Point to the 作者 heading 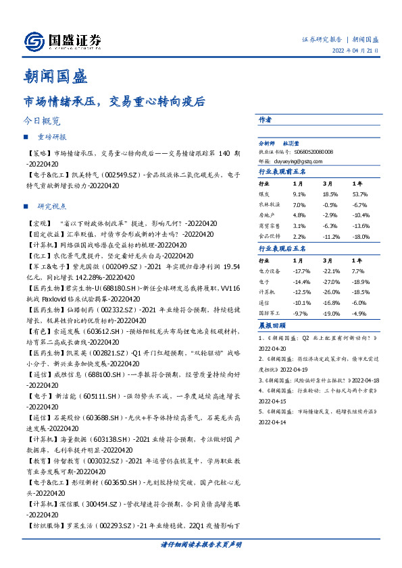click(265, 120)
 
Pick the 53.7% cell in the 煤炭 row click(359, 194)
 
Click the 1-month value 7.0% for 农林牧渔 click(299, 204)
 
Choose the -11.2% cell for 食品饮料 click(330, 237)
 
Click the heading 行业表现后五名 click(282, 249)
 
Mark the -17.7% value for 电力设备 click(301, 270)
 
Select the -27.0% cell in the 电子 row click(330, 280)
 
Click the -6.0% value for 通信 click(359, 303)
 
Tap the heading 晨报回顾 click(272, 325)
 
